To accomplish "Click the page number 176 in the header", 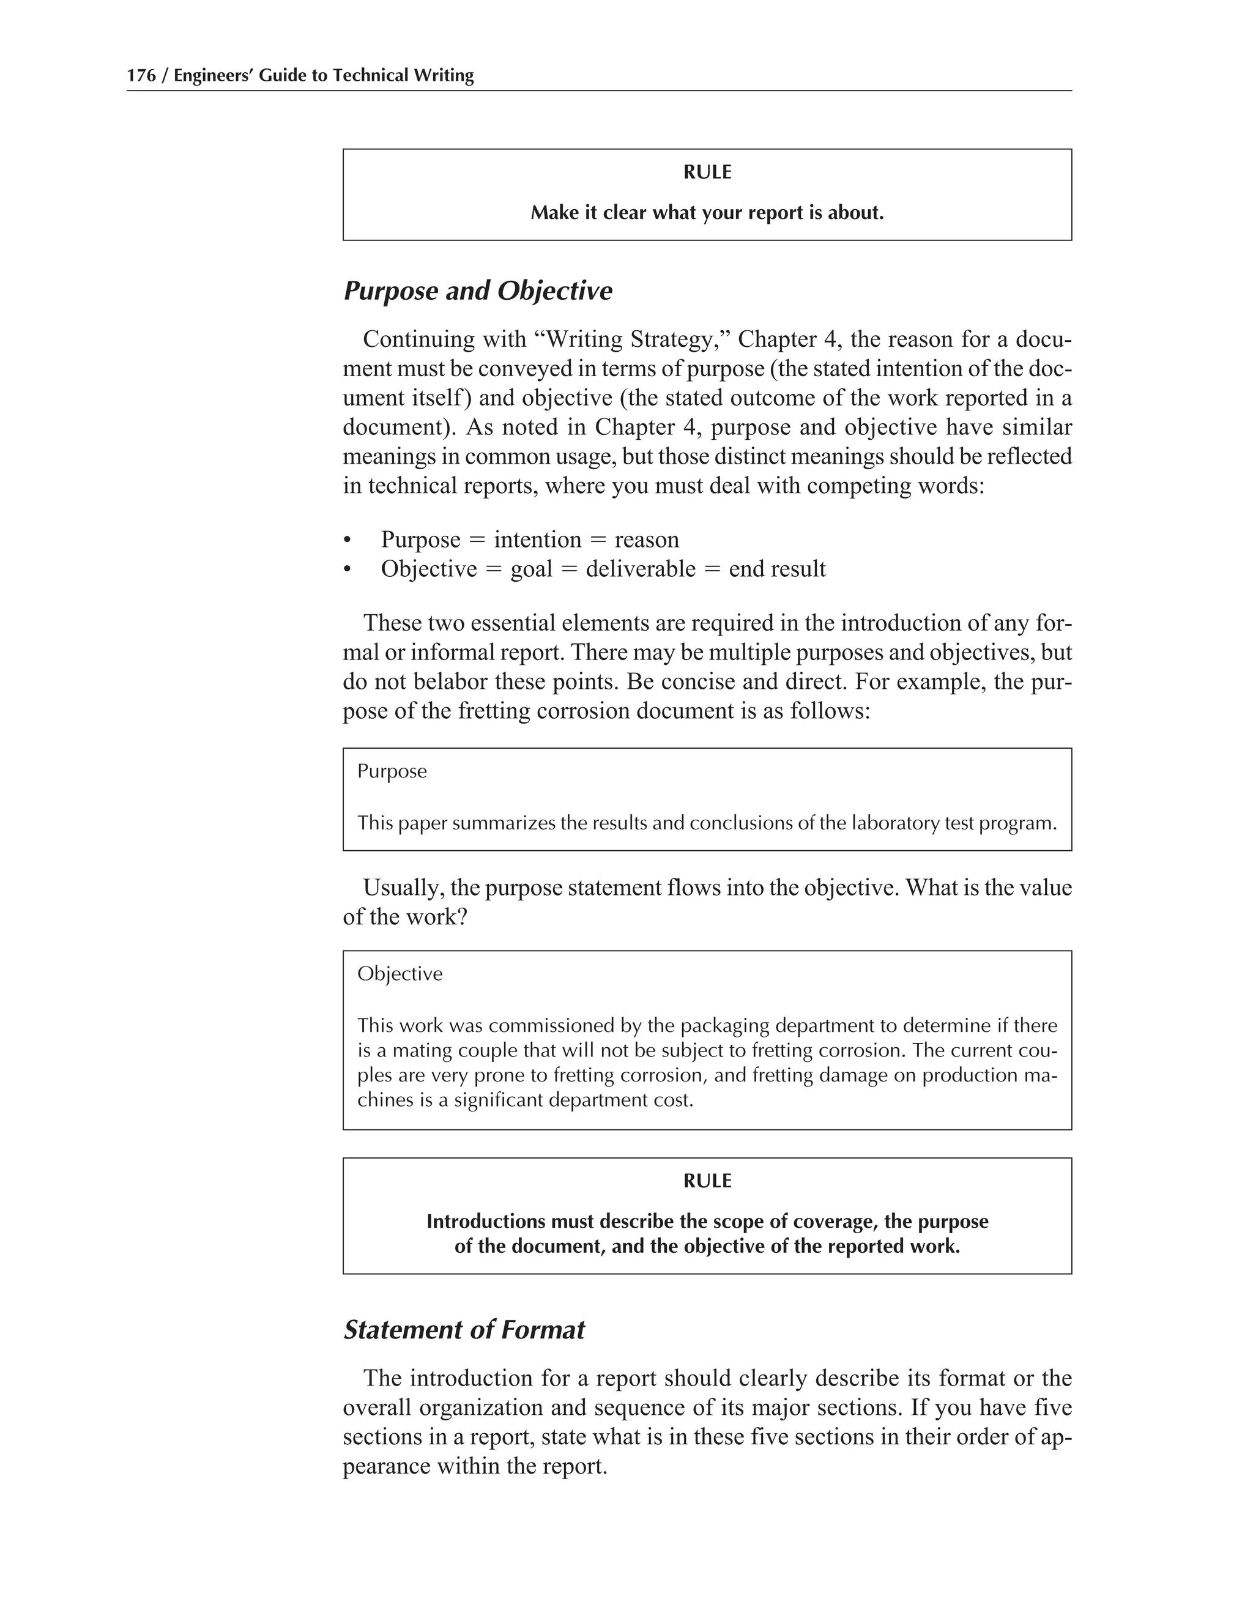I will click(x=141, y=76).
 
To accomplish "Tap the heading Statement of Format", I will click(x=464, y=1329).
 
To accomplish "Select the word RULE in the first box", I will click(x=707, y=172).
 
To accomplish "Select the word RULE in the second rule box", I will click(x=707, y=1181).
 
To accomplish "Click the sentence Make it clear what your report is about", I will click(x=707, y=213).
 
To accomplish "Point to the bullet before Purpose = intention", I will click(x=347, y=540).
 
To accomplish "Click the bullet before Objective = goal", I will click(x=347, y=570).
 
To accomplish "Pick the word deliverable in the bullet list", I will click(x=641, y=569).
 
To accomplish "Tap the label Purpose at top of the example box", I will click(x=392, y=771).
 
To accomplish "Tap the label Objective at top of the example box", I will click(x=400, y=974).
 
